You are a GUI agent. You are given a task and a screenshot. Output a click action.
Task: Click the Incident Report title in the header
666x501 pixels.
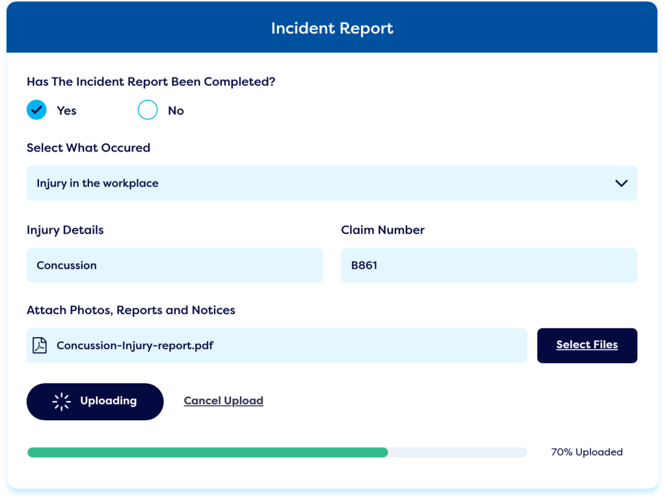332,29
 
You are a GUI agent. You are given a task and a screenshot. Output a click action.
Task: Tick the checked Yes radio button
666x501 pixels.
36,110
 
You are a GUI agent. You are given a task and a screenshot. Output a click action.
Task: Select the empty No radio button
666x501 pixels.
148,110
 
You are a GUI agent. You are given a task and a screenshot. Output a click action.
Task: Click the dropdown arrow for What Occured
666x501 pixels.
621,183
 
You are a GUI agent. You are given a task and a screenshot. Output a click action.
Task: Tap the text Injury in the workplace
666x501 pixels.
98,183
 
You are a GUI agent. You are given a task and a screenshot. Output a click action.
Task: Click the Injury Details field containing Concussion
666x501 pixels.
174,265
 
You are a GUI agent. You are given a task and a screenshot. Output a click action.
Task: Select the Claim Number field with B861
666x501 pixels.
488,265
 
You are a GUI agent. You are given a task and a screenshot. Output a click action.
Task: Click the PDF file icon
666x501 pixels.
40,345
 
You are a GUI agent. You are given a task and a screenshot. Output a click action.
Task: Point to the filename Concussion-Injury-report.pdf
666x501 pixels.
135,345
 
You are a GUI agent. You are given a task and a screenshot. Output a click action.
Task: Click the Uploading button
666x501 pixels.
95,401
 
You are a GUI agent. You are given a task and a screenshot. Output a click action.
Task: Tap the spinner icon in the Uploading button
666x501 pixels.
61,401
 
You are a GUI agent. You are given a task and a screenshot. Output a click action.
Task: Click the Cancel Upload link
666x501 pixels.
223,401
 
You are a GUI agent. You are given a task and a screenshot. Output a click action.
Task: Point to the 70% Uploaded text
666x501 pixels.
587,452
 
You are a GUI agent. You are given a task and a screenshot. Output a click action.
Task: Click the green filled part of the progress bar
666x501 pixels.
207,452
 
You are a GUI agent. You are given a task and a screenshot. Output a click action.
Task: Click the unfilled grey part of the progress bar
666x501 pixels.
457,452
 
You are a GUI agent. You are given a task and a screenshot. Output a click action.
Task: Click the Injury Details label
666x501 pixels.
65,230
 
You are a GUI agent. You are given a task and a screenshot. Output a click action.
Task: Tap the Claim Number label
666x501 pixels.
382,230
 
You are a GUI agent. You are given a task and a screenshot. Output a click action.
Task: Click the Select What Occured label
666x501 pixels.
88,148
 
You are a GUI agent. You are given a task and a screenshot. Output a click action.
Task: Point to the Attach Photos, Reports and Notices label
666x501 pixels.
131,310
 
